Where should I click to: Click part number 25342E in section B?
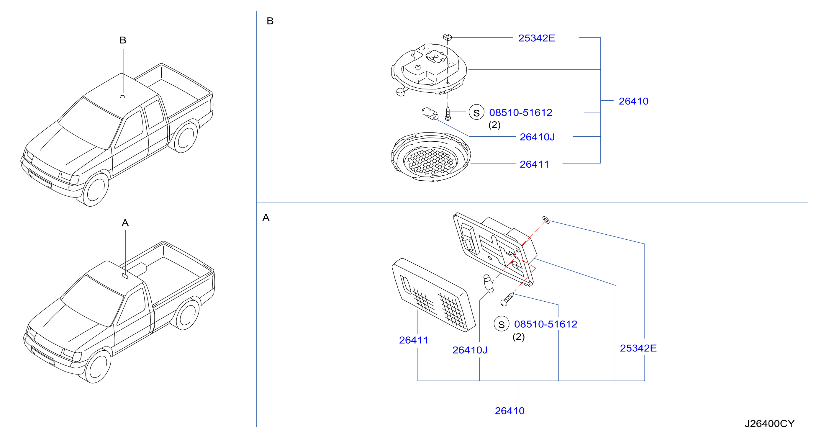[x=536, y=38]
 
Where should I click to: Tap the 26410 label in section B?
[x=633, y=101]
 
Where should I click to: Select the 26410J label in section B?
[x=537, y=137]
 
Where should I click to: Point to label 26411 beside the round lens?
[x=534, y=164]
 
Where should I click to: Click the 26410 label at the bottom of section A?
[x=509, y=411]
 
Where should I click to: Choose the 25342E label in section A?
[x=638, y=348]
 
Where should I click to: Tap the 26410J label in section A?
[x=470, y=350]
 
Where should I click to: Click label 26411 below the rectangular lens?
[x=414, y=340]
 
